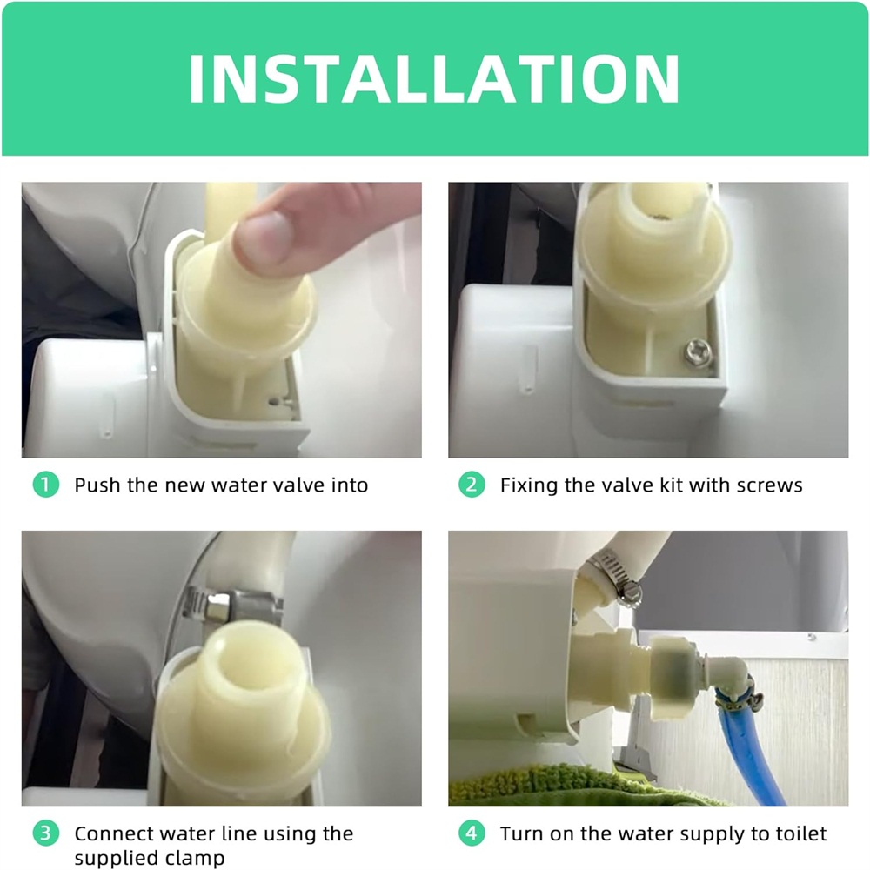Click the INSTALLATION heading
click(434, 79)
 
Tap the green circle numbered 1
click(46, 485)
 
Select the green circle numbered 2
click(472, 485)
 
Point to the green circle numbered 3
click(46, 833)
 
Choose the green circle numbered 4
click(472, 833)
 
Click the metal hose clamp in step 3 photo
click(232, 606)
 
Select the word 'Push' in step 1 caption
click(97, 485)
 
